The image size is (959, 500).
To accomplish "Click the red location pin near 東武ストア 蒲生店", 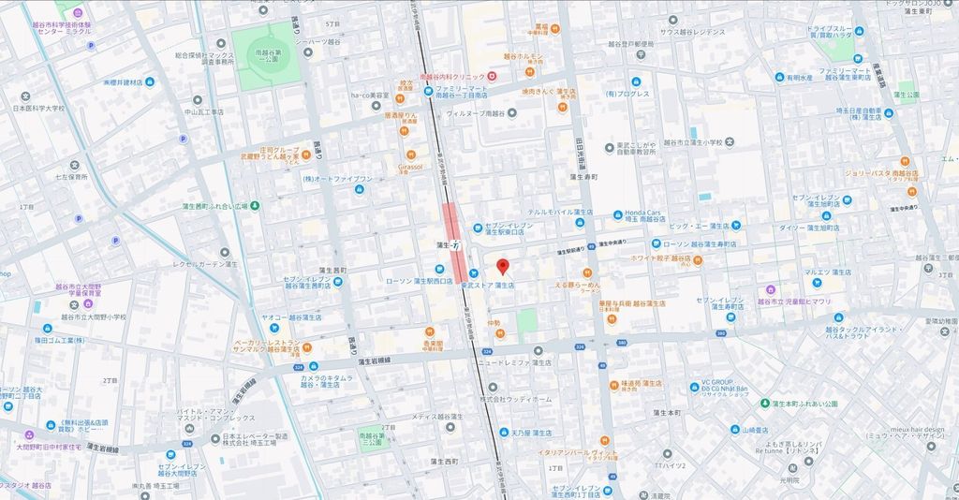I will pyautogui.click(x=502, y=266).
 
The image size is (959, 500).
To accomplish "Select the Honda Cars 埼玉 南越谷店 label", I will pyautogui.click(x=643, y=216).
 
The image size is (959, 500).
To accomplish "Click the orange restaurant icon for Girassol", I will pyautogui.click(x=410, y=155).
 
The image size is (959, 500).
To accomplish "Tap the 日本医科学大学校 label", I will pyautogui.click(x=38, y=108).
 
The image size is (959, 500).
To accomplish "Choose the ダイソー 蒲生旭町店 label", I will pyautogui.click(x=811, y=227).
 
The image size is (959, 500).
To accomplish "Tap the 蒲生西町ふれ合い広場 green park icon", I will pyautogui.click(x=255, y=205).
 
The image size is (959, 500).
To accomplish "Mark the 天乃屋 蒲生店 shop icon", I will pyautogui.click(x=495, y=434).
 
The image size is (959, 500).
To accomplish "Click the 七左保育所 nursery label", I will pyautogui.click(x=71, y=175).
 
